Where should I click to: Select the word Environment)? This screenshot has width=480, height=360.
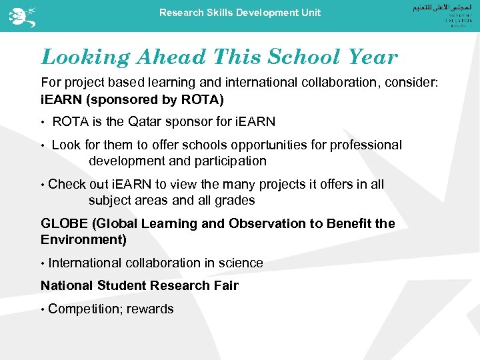83,239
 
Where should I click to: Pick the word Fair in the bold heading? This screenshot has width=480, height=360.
225,285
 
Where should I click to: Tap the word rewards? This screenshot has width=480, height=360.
151,309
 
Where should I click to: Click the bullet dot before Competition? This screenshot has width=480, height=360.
43,309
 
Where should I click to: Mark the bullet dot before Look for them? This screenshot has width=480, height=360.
43,145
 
